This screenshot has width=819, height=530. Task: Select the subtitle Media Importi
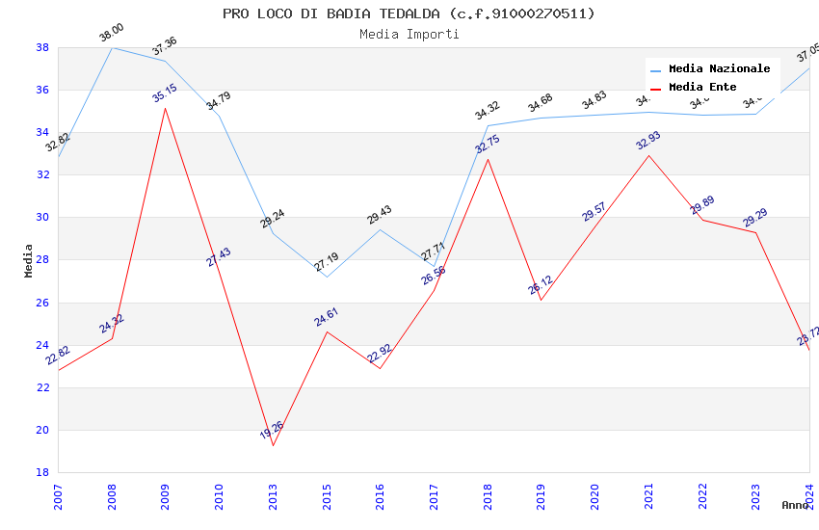[x=409, y=34]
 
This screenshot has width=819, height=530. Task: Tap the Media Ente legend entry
[x=702, y=88]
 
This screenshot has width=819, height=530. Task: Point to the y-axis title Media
[x=29, y=260]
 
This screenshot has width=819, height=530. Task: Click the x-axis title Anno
[x=795, y=505]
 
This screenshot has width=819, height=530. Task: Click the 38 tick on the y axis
[x=42, y=47]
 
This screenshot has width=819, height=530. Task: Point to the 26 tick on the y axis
[x=42, y=303]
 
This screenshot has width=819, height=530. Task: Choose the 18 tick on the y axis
[x=42, y=472]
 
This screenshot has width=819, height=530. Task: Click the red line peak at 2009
[x=165, y=108]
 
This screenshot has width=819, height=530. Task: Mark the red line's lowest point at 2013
[x=273, y=445]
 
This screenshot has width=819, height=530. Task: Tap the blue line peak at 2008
[x=112, y=47]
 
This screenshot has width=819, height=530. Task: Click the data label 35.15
[x=165, y=93]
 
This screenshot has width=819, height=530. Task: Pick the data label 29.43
[x=380, y=215]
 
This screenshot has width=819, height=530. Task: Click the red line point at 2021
[x=648, y=155]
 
